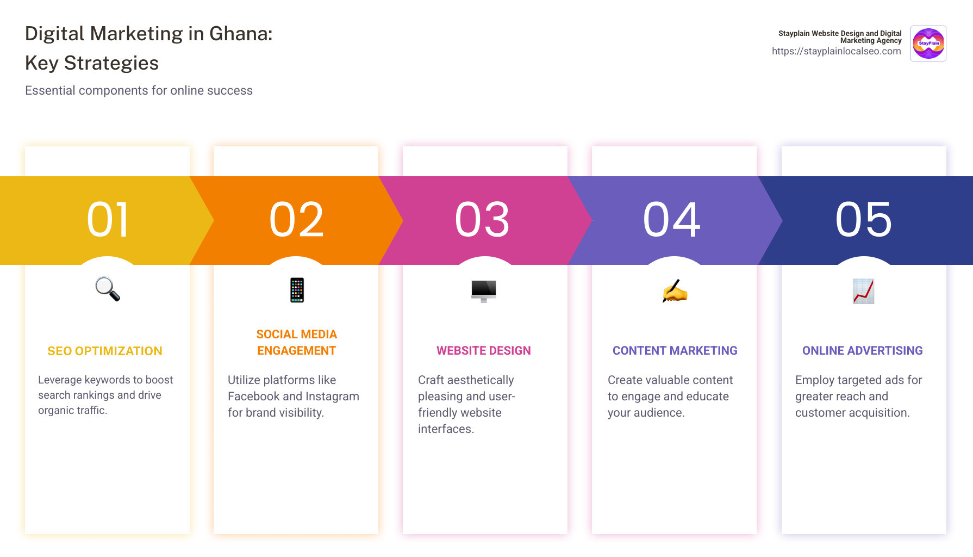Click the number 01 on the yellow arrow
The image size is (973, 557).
(108, 220)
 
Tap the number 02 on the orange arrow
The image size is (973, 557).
(297, 220)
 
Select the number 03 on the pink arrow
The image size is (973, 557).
(483, 220)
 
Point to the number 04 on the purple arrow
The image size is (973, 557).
(672, 220)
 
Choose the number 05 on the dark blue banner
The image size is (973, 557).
(864, 220)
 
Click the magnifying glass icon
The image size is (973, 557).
(108, 289)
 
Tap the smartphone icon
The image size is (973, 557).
(297, 290)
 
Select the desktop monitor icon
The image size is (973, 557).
(484, 290)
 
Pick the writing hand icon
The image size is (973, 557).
(675, 291)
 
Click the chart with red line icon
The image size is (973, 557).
(863, 291)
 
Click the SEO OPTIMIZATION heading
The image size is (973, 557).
(105, 351)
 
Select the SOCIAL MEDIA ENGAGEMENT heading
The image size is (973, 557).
(297, 343)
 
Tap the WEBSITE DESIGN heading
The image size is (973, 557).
(484, 351)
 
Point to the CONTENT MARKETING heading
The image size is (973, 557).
(675, 351)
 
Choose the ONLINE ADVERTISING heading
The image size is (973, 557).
(863, 351)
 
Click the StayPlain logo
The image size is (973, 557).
(928, 44)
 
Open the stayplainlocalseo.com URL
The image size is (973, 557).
(836, 51)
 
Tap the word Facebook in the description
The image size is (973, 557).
(253, 397)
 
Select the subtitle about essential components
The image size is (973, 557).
(139, 91)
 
